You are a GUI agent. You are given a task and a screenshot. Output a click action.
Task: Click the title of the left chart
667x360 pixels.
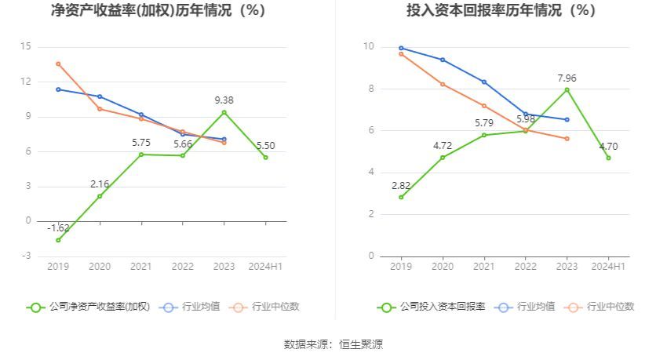(158, 11)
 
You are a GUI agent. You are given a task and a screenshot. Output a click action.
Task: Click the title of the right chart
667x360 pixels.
(501, 11)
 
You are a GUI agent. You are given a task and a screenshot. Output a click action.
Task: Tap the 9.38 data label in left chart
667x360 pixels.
(224, 100)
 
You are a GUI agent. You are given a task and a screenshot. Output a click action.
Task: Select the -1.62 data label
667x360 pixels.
(58, 228)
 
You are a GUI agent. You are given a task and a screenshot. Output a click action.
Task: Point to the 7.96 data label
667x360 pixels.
(567, 78)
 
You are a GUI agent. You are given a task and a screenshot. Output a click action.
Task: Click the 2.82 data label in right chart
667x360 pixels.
(401, 185)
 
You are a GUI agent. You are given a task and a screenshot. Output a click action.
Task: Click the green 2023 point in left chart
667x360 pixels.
(224, 112)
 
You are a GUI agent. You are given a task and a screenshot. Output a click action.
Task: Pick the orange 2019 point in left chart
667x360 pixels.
(58, 64)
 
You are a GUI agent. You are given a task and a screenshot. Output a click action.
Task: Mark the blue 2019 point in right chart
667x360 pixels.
(401, 48)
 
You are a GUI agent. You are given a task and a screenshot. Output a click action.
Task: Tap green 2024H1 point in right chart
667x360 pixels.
(608, 158)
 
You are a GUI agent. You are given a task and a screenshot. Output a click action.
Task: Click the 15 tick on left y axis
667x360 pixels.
(26, 46)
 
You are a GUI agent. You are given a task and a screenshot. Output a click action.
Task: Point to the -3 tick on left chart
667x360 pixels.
(26, 256)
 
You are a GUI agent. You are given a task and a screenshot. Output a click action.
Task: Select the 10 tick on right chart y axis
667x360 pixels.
(369, 46)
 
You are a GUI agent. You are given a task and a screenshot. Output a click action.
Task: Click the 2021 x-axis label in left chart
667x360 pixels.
(141, 267)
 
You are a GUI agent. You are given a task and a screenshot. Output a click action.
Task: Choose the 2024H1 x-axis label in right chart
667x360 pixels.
(608, 267)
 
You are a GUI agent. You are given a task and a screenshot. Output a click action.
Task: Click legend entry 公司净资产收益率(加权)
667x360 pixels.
(89, 307)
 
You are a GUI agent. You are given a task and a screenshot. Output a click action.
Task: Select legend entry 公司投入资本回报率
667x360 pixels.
(432, 307)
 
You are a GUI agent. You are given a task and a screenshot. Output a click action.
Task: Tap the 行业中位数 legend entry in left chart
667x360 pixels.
(265, 307)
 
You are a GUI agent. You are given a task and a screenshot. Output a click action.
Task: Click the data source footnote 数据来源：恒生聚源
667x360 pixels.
(333, 344)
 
